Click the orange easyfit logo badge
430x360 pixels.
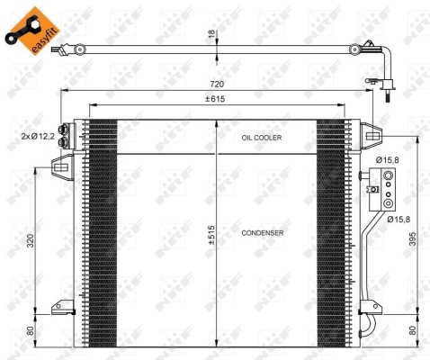pyautogui.click(x=32, y=31)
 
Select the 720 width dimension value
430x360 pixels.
pyautogui.click(x=217, y=85)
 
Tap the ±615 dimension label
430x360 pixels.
pyautogui.click(x=215, y=99)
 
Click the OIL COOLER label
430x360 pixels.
pyautogui.click(x=262, y=138)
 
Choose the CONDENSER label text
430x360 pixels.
pyautogui.click(x=263, y=233)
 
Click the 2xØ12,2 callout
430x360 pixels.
pyautogui.click(x=38, y=137)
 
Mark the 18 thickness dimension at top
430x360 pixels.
pyautogui.click(x=212, y=34)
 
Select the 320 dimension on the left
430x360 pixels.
pyautogui.click(x=31, y=241)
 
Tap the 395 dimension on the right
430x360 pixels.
pyautogui.click(x=413, y=239)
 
